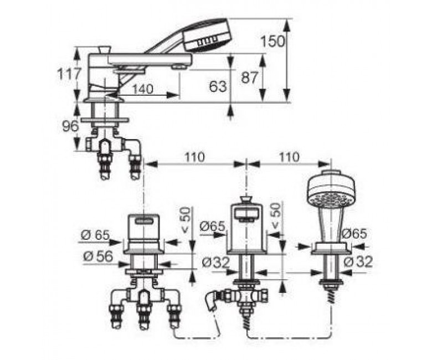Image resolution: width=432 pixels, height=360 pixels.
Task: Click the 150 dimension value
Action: (x=272, y=42)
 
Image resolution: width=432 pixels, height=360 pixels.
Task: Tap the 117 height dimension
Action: (x=69, y=74)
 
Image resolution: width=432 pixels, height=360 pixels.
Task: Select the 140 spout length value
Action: (x=142, y=89)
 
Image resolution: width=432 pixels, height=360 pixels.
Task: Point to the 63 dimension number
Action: (x=218, y=86)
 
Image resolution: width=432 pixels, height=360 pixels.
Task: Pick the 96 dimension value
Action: (x=70, y=126)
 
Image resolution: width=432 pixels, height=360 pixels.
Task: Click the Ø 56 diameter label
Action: (x=98, y=256)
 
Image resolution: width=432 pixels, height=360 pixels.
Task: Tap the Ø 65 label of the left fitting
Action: (x=95, y=235)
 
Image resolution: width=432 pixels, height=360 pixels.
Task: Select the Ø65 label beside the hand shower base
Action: (x=354, y=234)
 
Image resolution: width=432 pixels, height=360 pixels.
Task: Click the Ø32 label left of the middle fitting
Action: (x=215, y=263)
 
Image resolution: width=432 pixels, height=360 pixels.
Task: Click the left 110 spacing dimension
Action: (x=194, y=157)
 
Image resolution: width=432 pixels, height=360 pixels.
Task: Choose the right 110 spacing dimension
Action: (x=289, y=157)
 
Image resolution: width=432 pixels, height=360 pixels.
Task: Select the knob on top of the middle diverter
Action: (x=246, y=199)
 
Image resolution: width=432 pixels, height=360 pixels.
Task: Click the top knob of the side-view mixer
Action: (x=104, y=50)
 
